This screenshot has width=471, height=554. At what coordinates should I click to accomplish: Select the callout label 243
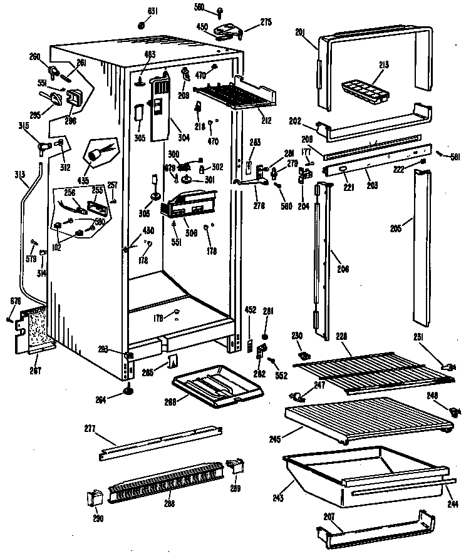coord(277,498)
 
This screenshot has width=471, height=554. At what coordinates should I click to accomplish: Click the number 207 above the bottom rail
coord(329,517)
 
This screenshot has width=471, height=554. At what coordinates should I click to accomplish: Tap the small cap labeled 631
coord(142,26)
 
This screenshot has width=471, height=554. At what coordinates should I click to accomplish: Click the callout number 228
coord(342,336)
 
